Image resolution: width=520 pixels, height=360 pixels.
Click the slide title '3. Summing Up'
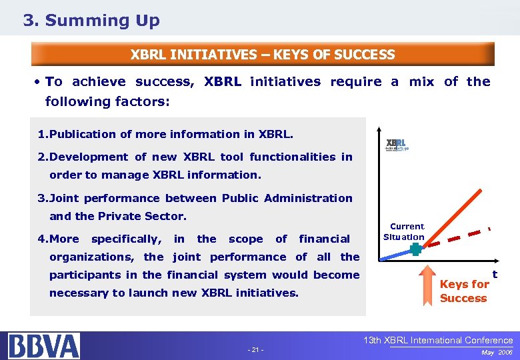pos(91,21)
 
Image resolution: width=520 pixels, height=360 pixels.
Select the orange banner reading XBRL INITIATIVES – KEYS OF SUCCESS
pos(263,55)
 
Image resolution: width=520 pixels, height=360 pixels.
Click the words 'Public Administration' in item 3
pos(287,198)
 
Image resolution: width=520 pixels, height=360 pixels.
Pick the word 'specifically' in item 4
pos(126,239)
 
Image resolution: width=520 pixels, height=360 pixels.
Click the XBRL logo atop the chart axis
pos(397,145)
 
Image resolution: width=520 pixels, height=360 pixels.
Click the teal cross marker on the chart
pos(416,249)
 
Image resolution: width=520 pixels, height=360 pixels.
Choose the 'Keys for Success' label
pos(464,291)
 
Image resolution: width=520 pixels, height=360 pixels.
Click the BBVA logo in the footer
pos(44,345)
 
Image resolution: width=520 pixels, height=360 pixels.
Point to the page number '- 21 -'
pos(255,350)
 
